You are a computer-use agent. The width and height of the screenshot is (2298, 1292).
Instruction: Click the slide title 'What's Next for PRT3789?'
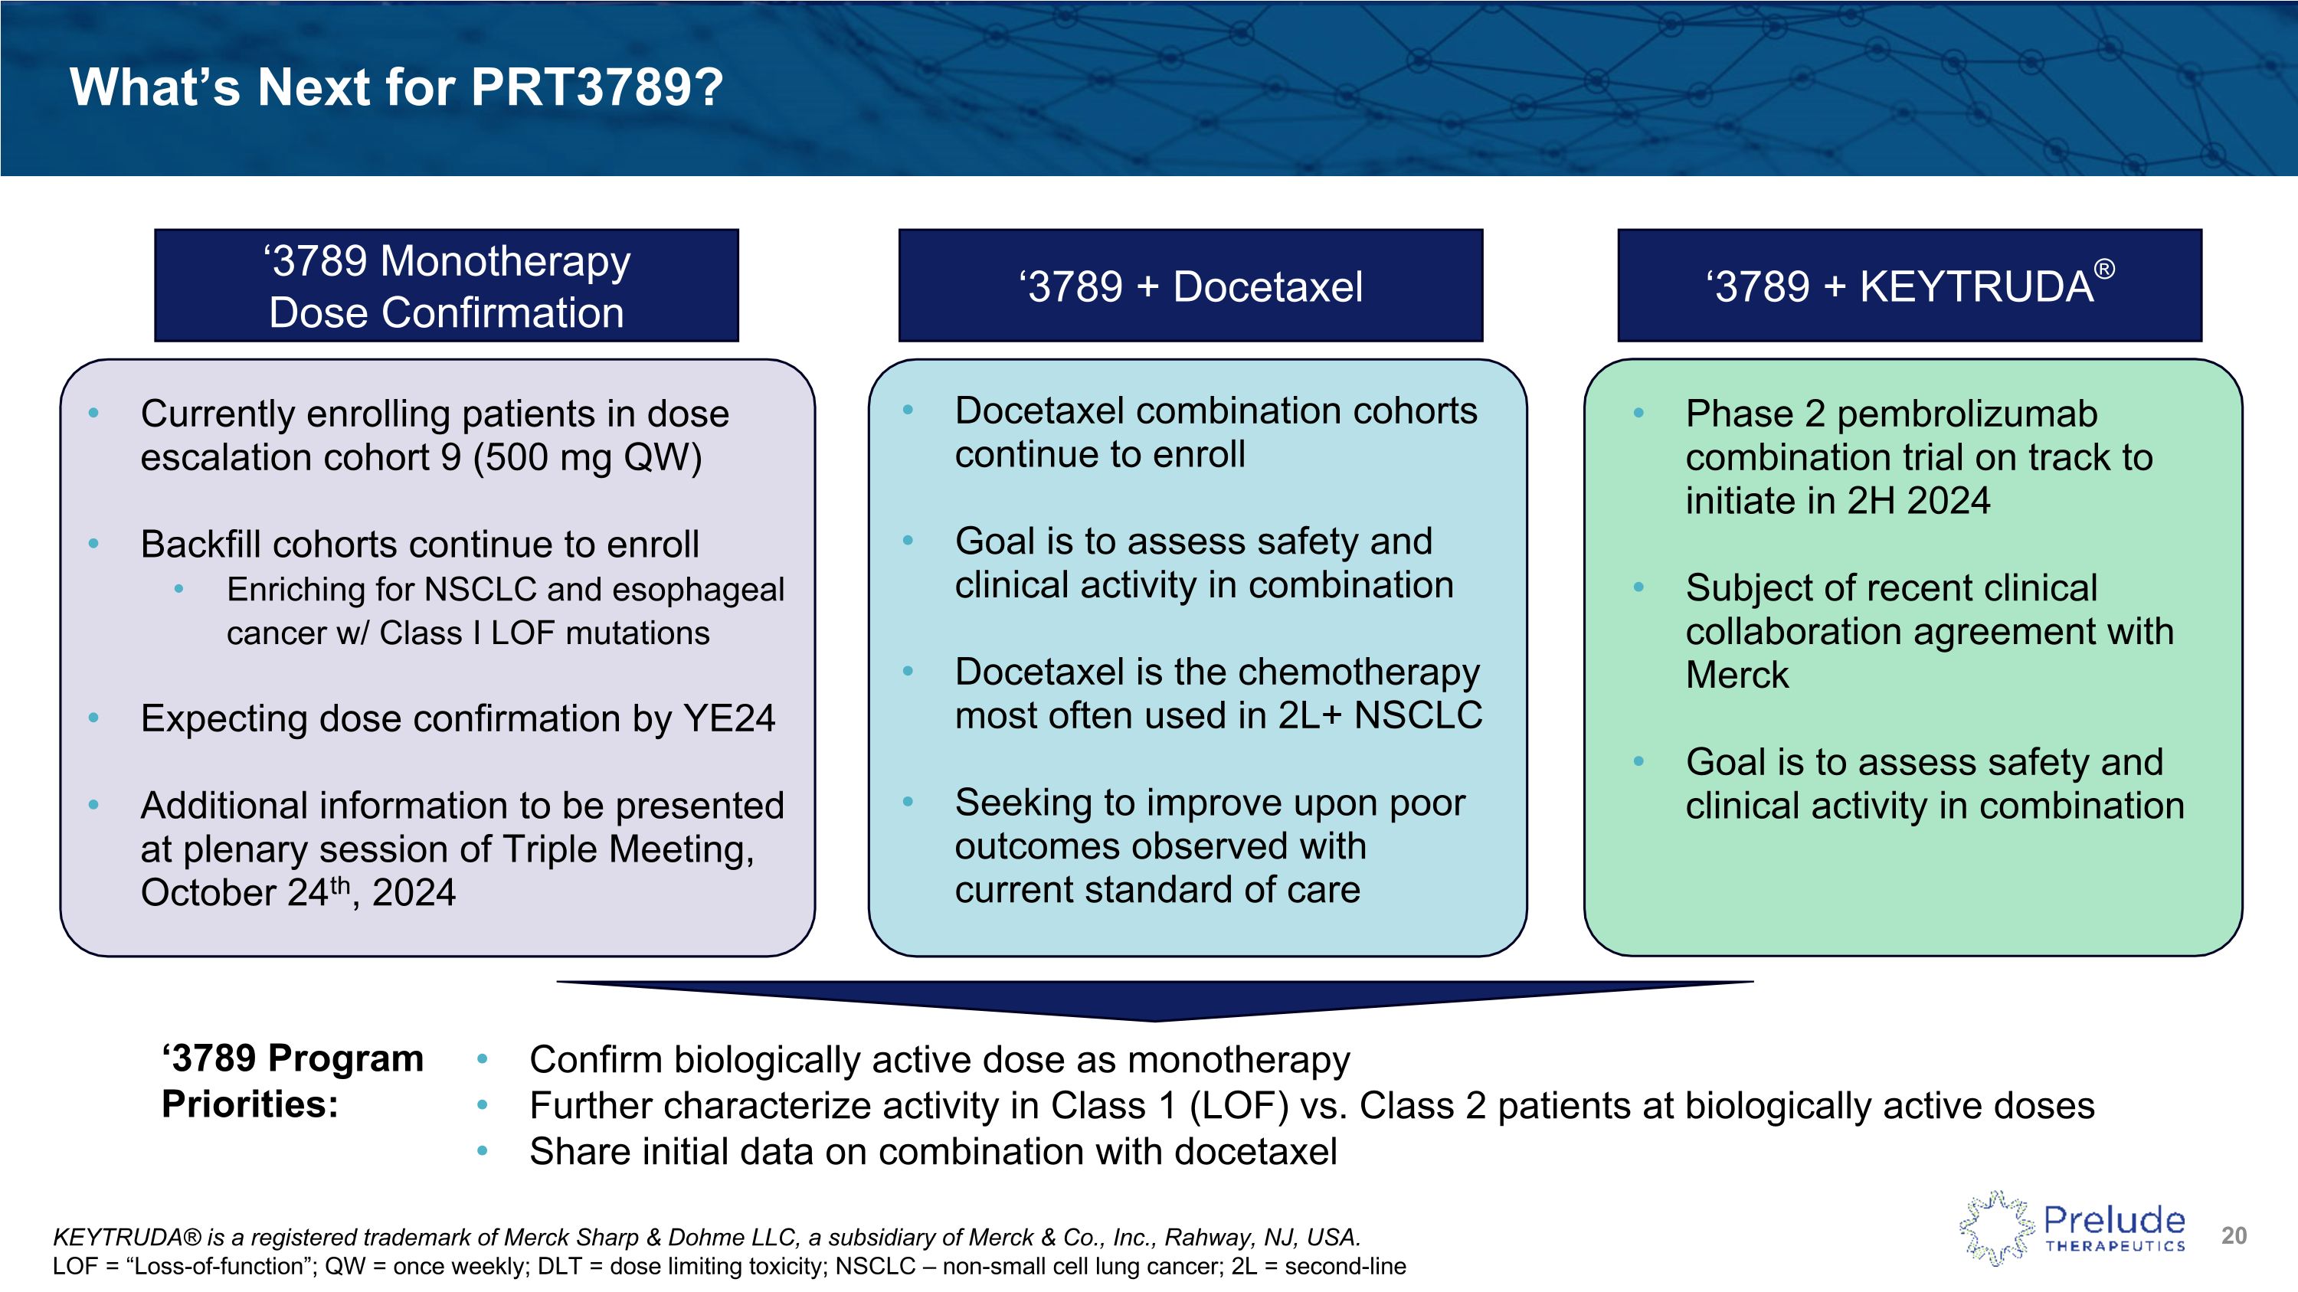(x=396, y=87)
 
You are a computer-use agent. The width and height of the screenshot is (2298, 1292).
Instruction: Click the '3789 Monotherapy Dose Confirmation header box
(x=446, y=286)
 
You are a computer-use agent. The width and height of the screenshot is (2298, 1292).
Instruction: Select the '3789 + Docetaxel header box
(x=1190, y=286)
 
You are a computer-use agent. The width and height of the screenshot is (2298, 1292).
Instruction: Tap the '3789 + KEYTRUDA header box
(x=1909, y=286)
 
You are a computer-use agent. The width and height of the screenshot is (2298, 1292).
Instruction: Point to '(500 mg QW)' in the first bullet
(x=587, y=458)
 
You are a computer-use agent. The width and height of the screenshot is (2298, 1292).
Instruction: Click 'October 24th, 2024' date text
(x=298, y=892)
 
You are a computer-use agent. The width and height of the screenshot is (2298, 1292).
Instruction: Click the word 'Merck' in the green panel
(x=1736, y=675)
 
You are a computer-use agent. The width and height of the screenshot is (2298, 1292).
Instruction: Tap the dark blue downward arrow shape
(x=1154, y=999)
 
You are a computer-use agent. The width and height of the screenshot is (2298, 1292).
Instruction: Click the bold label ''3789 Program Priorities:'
(x=292, y=1081)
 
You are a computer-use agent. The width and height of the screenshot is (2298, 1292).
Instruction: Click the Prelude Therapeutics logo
(x=2071, y=1228)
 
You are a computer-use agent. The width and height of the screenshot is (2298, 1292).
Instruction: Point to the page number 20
(x=2234, y=1236)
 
